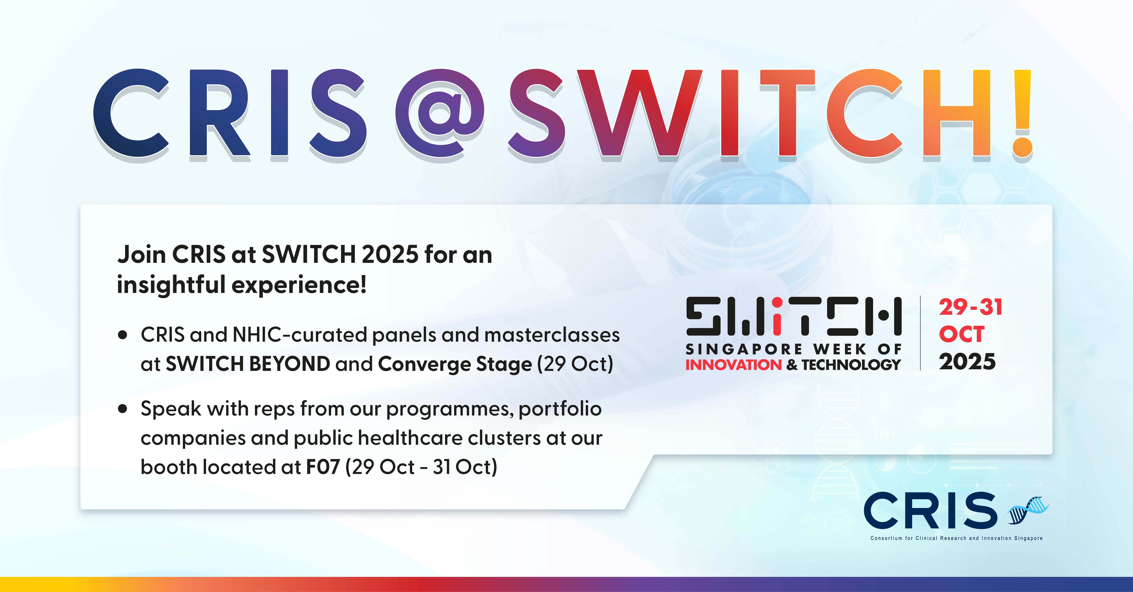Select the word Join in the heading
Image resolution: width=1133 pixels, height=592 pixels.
[141, 255]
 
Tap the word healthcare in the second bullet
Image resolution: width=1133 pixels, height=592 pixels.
[410, 438]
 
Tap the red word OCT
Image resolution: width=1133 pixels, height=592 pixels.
[961, 335]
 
